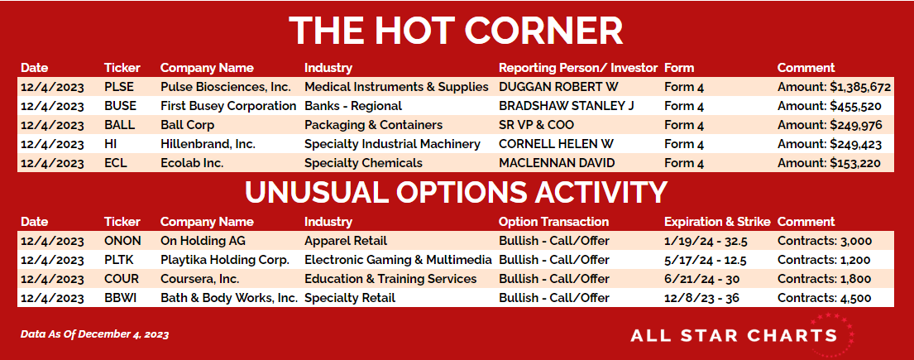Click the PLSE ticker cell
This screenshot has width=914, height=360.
click(119, 88)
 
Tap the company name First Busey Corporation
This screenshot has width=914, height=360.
click(228, 106)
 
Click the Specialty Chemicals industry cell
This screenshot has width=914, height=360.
click(363, 163)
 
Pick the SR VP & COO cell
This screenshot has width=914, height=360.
click(536, 126)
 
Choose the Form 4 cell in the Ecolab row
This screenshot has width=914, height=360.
click(684, 163)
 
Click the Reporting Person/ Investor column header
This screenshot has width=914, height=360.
click(577, 68)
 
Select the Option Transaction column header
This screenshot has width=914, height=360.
click(553, 222)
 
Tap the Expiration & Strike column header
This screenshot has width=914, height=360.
click(717, 222)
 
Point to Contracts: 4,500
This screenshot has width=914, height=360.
click(824, 298)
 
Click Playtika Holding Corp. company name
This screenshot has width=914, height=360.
click(225, 260)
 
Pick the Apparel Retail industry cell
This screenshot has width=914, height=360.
click(346, 241)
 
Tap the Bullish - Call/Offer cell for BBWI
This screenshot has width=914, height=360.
click(553, 298)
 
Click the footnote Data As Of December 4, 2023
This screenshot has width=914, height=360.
click(95, 334)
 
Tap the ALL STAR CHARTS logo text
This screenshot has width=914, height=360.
click(734, 335)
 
